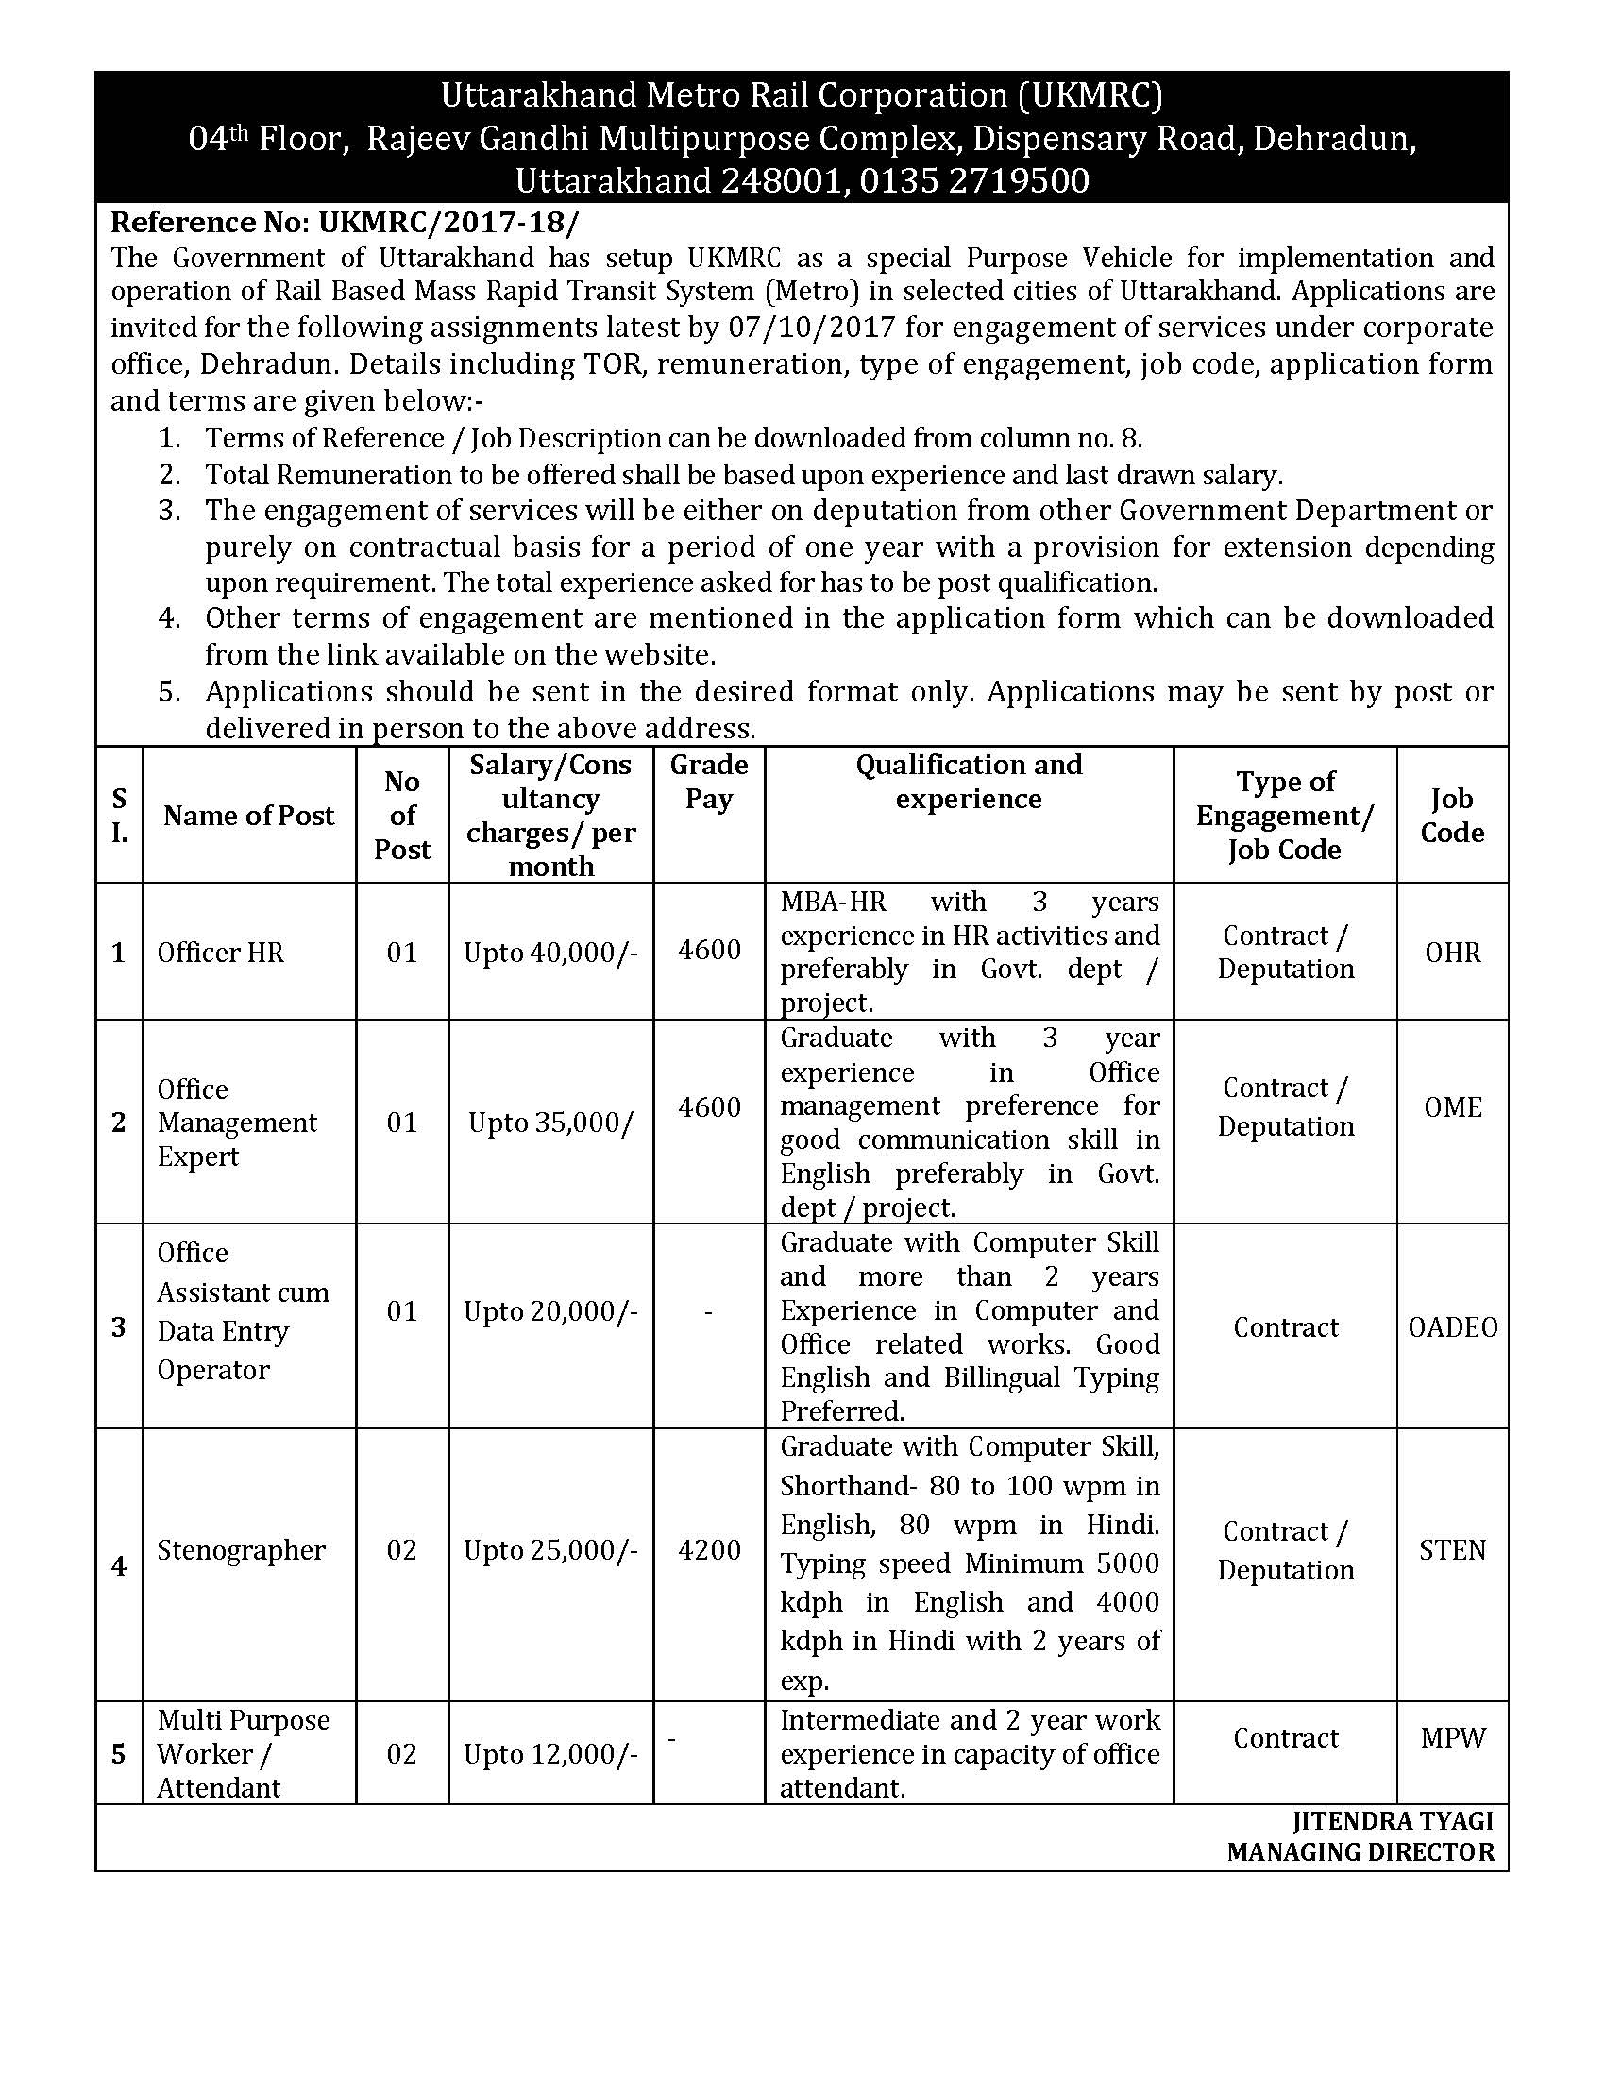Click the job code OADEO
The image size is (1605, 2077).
(x=1452, y=1327)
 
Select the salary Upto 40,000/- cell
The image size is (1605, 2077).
(x=550, y=953)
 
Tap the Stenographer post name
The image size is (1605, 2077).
(x=241, y=1550)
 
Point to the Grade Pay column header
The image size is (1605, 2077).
(x=708, y=782)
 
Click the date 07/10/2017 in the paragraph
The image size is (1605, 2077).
(x=812, y=329)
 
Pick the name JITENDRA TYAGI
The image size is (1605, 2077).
(x=1392, y=1820)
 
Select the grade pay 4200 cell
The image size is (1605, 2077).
(x=709, y=1550)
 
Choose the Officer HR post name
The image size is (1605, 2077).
(x=221, y=953)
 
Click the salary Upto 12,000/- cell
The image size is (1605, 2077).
(x=550, y=1754)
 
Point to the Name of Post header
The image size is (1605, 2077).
(x=249, y=816)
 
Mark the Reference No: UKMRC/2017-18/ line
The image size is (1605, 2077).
(x=345, y=223)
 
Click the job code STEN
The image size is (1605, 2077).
(x=1452, y=1550)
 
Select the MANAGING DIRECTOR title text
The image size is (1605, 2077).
(x=1360, y=1851)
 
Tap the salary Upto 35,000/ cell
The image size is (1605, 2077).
(x=550, y=1123)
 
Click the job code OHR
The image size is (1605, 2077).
(x=1452, y=953)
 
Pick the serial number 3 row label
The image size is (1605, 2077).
(x=119, y=1327)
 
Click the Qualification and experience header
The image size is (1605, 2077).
(x=968, y=782)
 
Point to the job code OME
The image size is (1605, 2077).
(x=1452, y=1108)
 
